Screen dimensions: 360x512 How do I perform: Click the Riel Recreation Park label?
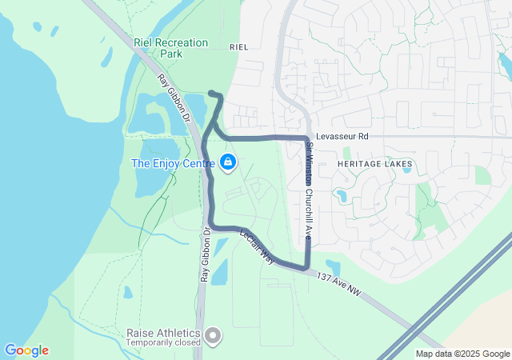[171, 48]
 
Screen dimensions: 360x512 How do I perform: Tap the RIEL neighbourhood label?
[239, 47]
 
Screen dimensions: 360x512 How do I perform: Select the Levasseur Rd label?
[342, 137]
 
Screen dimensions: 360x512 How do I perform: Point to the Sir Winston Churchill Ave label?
[309, 190]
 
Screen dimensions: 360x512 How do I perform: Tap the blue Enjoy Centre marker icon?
[228, 162]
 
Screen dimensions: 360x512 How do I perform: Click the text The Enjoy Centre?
[173, 163]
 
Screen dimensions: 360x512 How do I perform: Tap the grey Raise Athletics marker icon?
[213, 336]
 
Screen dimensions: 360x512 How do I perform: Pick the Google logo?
[26, 350]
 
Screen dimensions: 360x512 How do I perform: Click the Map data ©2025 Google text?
[462, 354]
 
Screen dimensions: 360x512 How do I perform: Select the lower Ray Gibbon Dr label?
[206, 256]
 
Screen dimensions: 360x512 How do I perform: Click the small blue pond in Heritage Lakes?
[342, 195]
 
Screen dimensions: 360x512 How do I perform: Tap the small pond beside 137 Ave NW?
[333, 266]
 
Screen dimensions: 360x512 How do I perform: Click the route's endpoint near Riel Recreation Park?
[211, 94]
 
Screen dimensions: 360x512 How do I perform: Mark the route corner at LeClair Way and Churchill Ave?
[306, 267]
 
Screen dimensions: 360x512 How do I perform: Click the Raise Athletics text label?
[166, 332]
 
